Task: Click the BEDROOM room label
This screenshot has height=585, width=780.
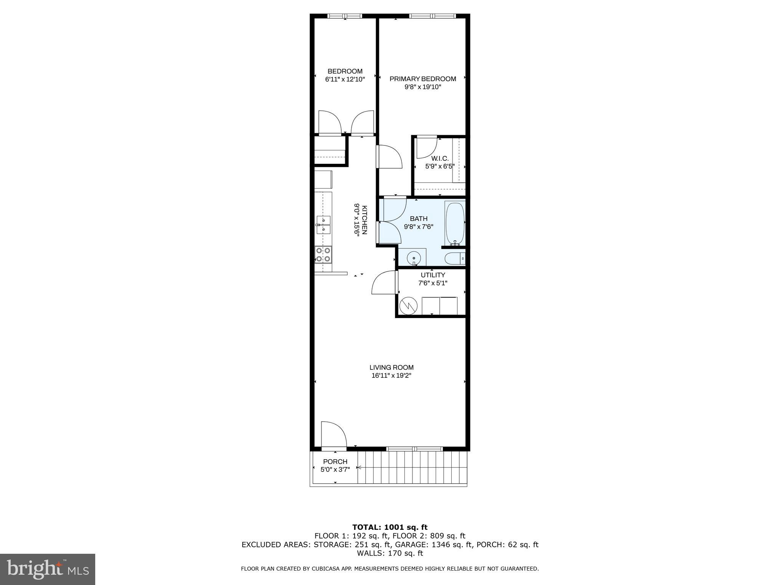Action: pos(345,71)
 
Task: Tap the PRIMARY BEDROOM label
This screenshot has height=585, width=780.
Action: pos(422,79)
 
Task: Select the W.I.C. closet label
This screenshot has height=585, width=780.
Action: pos(440,158)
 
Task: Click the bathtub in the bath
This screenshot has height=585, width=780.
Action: pos(455,223)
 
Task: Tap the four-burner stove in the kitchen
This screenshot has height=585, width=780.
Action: pos(323,254)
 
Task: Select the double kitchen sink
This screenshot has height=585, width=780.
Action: pos(323,225)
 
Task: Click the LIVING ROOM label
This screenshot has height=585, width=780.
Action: pos(391,368)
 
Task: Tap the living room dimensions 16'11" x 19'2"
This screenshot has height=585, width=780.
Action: pos(391,376)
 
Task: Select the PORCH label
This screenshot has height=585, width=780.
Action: pos(335,462)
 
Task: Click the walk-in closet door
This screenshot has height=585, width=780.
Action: pos(426,147)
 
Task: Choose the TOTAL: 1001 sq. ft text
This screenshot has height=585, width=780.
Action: pos(390,527)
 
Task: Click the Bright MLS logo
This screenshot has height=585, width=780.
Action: pos(48,569)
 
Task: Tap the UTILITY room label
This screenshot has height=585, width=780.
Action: pos(433,275)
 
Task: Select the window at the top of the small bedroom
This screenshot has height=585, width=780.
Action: pos(345,16)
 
